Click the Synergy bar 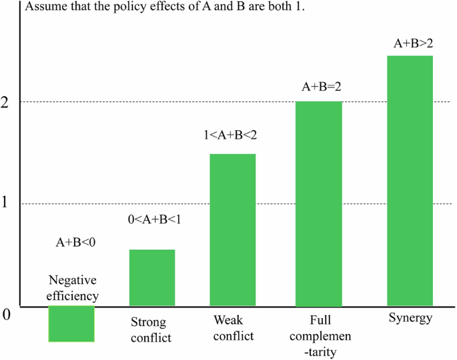[410, 181]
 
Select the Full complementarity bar [319, 204]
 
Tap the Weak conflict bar [233, 230]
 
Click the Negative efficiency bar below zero [71, 324]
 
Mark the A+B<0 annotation [76, 243]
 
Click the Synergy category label [410, 319]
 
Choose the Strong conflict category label [151, 331]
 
